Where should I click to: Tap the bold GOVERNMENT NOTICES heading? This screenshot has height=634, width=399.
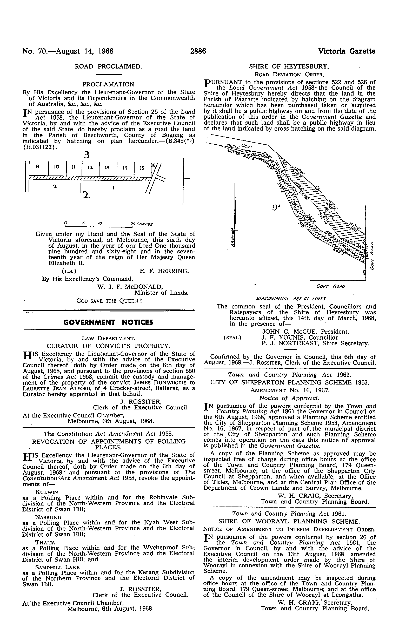(109, 322)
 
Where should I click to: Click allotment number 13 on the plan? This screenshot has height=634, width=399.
(107, 167)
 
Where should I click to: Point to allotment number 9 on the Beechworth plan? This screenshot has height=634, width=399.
(37, 166)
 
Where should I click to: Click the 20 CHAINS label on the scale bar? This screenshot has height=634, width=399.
(142, 224)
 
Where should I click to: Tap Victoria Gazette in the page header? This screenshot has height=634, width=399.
(347, 51)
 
